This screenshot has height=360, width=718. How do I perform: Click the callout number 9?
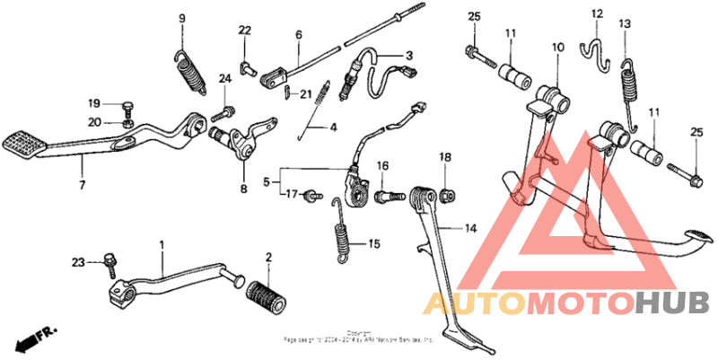tap(181, 19)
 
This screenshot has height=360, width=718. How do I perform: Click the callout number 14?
tap(470, 229)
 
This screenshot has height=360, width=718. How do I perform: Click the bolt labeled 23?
tap(111, 261)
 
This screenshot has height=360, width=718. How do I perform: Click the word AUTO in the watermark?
tap(475, 303)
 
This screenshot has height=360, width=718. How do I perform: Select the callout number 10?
tap(557, 46)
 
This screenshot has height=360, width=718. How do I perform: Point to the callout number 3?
tap(408, 54)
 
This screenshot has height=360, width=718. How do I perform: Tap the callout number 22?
tap(244, 31)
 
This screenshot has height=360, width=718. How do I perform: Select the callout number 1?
tap(162, 244)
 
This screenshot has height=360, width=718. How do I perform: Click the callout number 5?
tap(265, 181)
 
